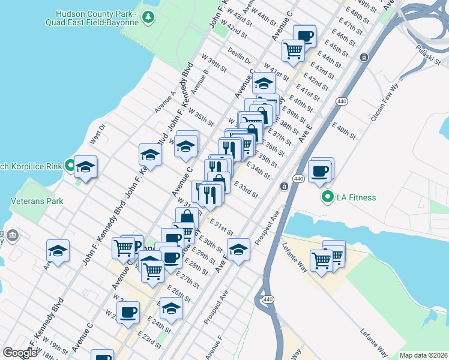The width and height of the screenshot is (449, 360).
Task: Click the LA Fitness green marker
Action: [328, 196]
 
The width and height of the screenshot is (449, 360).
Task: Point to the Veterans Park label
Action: [40, 201]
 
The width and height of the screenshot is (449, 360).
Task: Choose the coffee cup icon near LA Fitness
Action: [320, 172]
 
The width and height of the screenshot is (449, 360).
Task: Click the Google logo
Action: [20, 352]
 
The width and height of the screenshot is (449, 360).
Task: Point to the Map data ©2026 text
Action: [423, 355]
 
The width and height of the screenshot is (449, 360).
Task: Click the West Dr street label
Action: [97, 133]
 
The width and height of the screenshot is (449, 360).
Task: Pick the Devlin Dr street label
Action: [240, 56]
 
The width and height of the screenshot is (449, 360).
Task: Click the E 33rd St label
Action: [246, 190]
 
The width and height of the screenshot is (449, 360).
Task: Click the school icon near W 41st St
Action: [263, 83]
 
